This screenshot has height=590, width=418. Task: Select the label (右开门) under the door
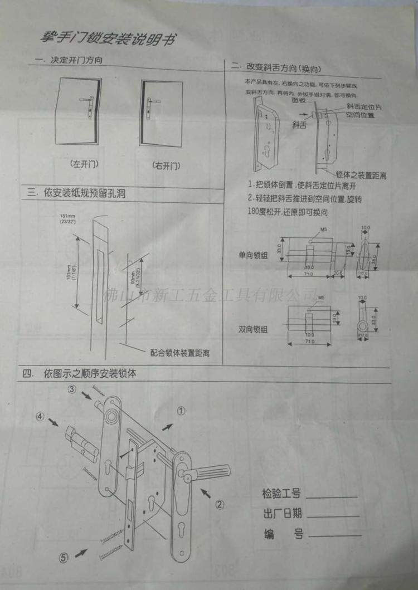(x=166, y=165)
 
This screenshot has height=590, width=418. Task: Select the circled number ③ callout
(x=72, y=389)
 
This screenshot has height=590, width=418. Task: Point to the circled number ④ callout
(x=40, y=416)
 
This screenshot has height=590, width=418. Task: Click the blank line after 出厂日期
(x=333, y=515)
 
